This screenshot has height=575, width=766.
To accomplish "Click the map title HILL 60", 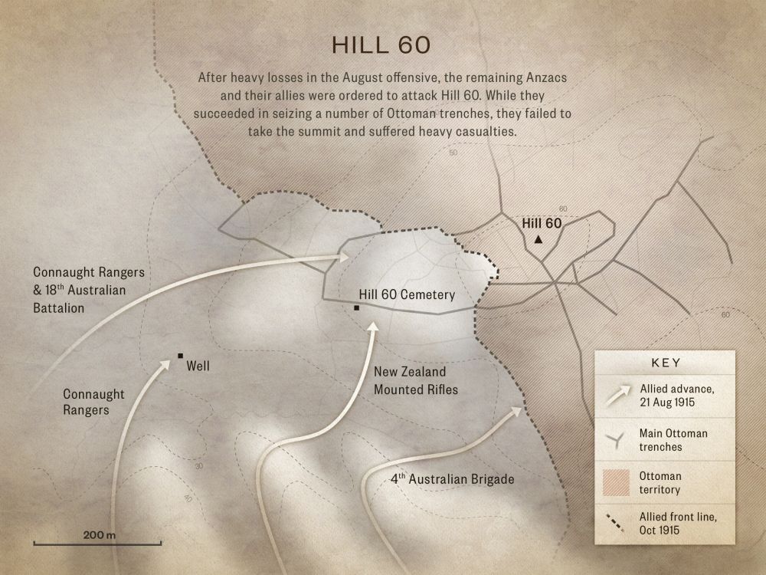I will [380, 44].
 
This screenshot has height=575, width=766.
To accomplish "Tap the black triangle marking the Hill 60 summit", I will [538, 240].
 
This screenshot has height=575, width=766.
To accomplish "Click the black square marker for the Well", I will [180, 355].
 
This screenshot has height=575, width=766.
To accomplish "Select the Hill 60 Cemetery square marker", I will [357, 307].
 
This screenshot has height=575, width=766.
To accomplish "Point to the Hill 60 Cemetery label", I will [407, 294].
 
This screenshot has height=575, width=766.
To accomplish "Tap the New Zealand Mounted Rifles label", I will [415, 381].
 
